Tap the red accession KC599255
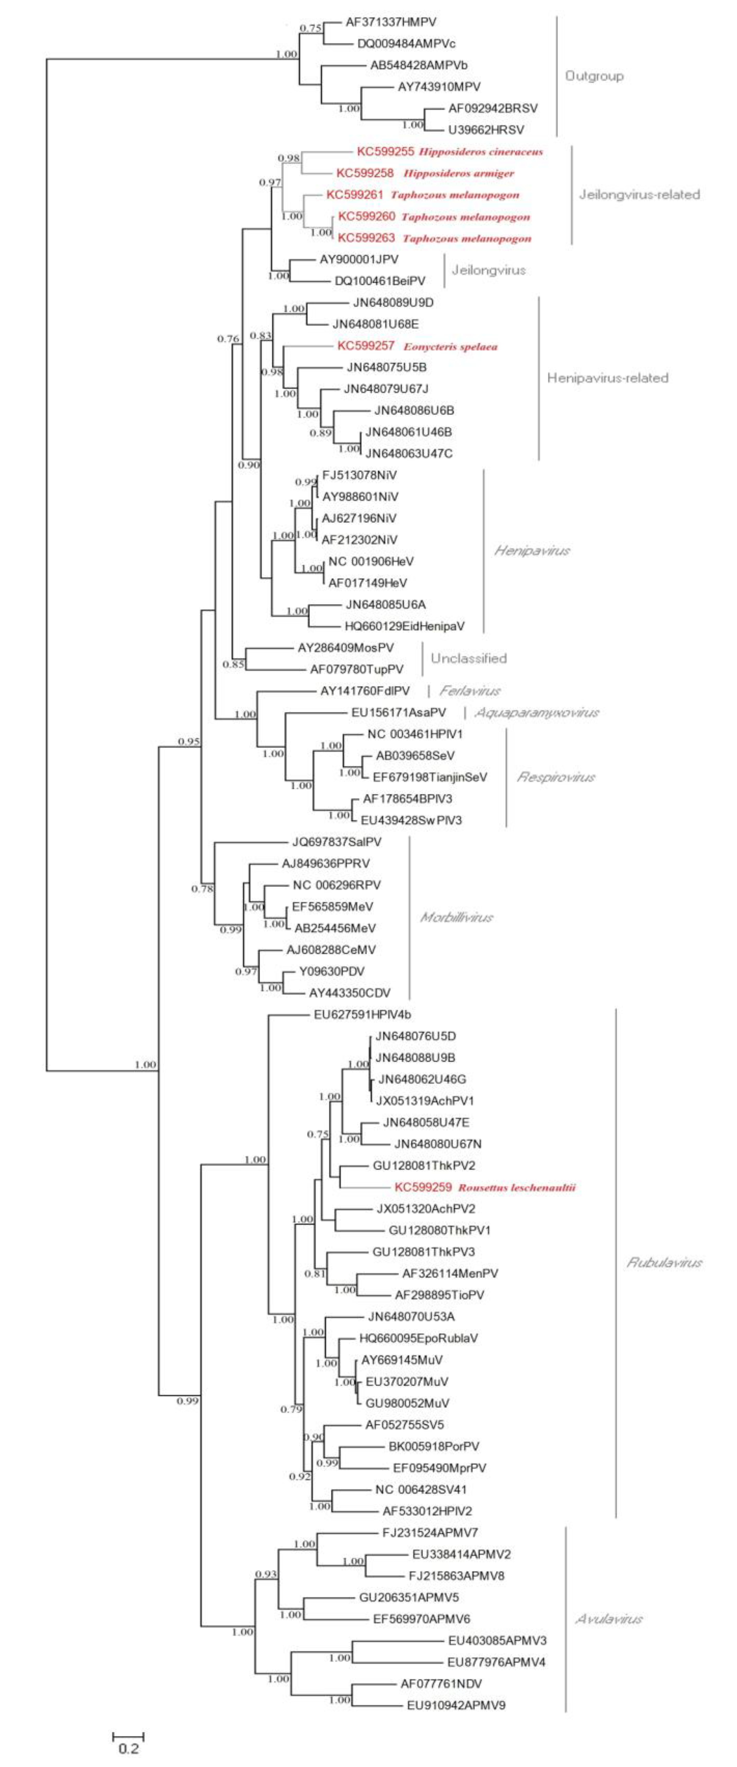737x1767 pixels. pyautogui.click(x=385, y=152)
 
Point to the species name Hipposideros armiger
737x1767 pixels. pyautogui.click(x=458, y=173)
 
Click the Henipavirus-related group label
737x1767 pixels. pyautogui.click(x=607, y=378)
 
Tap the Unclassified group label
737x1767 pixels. pyautogui.click(x=469, y=658)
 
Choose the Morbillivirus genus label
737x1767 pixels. pyautogui.click(x=456, y=918)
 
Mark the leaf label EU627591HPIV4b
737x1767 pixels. pyautogui.click(x=362, y=1015)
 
